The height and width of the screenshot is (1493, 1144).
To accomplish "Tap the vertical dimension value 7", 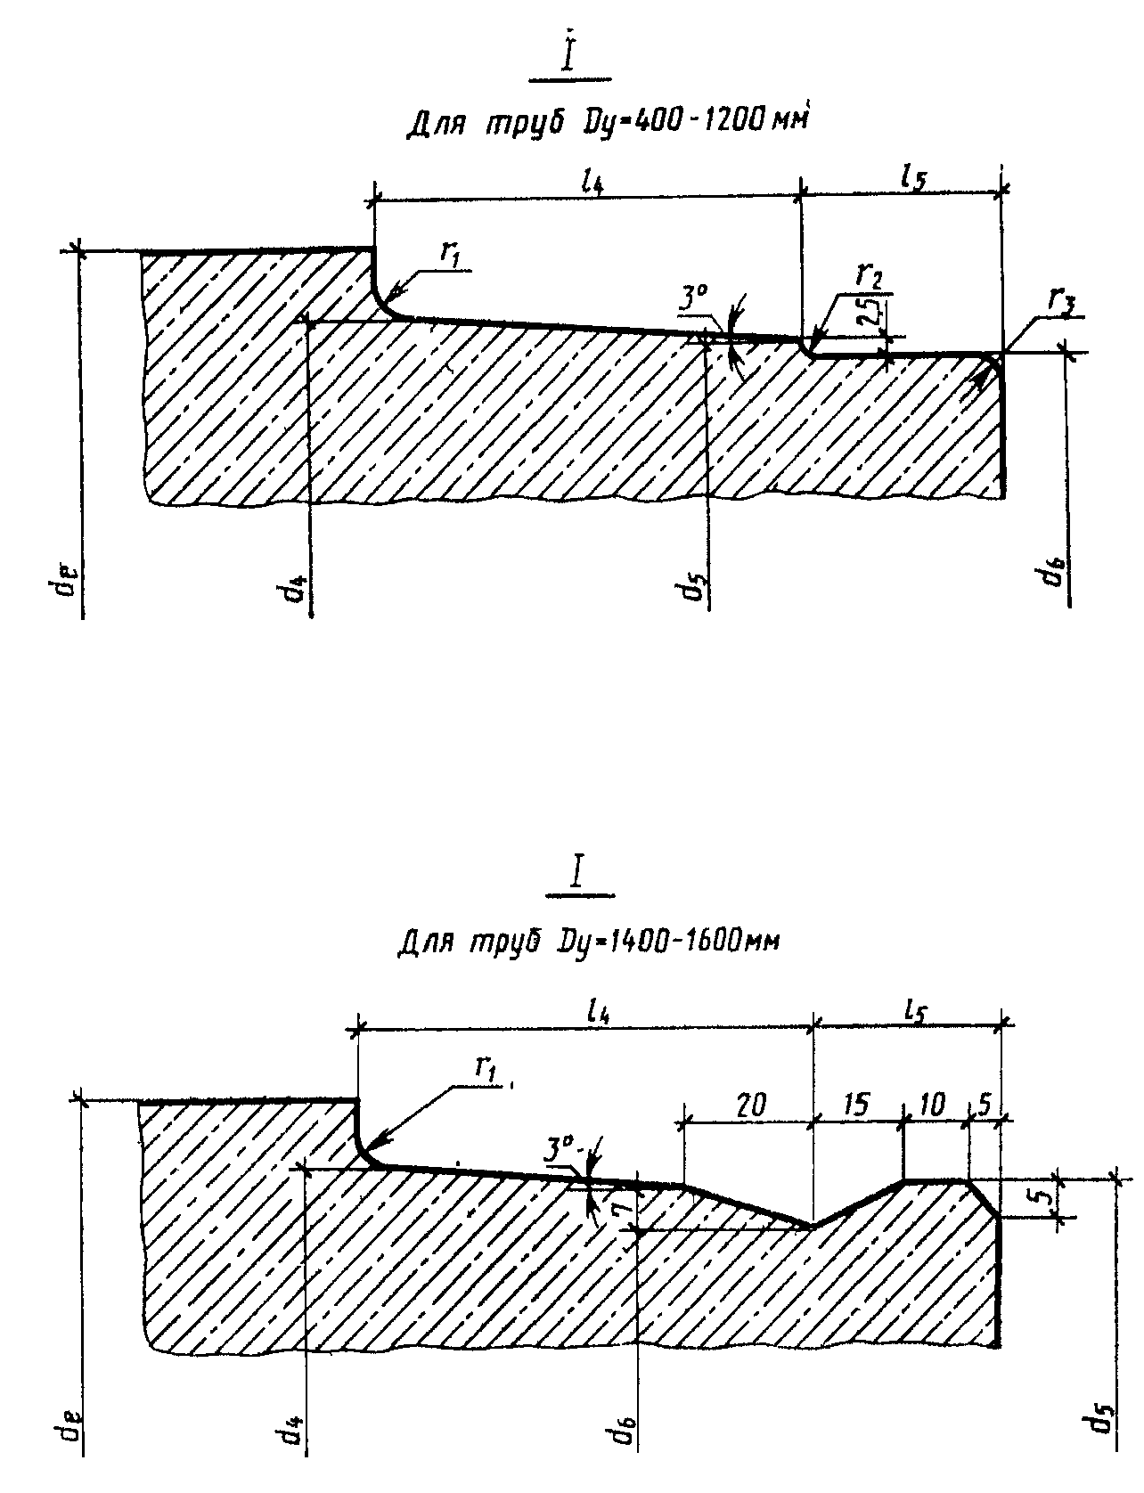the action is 625,1206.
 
